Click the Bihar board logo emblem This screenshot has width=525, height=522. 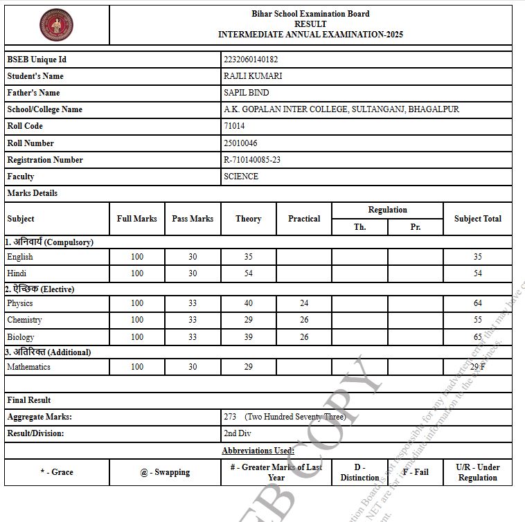(x=57, y=24)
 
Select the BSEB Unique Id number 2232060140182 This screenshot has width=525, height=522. (x=251, y=60)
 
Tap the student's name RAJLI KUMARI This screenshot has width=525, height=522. (x=253, y=76)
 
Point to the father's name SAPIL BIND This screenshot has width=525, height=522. (x=247, y=93)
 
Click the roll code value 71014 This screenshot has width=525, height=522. (x=234, y=126)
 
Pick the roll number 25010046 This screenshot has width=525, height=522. (x=240, y=143)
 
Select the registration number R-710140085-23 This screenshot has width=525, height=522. (x=252, y=160)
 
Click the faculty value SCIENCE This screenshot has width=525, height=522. (x=241, y=177)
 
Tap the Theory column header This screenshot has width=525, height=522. (x=248, y=219)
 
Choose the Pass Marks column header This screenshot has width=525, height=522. (x=193, y=219)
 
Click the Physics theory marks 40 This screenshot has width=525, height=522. (x=248, y=303)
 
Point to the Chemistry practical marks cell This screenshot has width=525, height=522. (x=304, y=320)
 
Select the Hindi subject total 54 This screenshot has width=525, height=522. (x=477, y=273)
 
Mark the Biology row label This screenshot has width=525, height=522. (x=20, y=337)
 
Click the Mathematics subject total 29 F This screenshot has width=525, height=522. (x=477, y=367)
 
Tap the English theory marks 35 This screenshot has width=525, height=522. (x=248, y=257)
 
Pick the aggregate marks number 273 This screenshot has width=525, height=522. (x=230, y=417)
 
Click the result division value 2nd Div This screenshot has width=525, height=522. (x=237, y=433)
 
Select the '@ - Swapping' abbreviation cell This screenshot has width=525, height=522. (x=165, y=472)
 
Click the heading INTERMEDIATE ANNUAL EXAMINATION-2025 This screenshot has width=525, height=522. (x=310, y=34)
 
